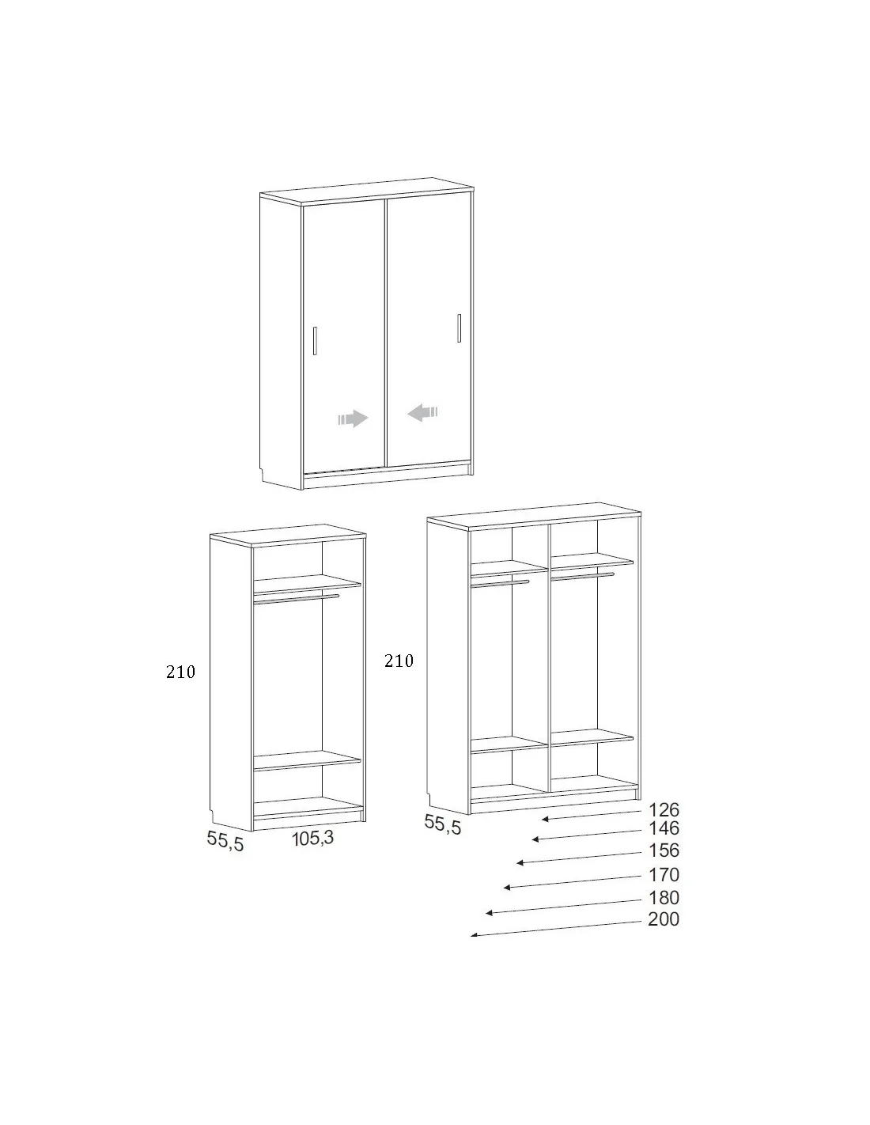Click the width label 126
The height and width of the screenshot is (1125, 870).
pyautogui.click(x=664, y=809)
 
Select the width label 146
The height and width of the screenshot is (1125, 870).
pyautogui.click(x=664, y=828)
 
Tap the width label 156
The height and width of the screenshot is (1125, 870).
pyautogui.click(x=664, y=850)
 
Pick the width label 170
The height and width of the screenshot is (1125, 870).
pyautogui.click(x=664, y=874)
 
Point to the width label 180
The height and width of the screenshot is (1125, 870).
pyautogui.click(x=664, y=897)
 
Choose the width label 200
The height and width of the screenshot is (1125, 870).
pyautogui.click(x=664, y=919)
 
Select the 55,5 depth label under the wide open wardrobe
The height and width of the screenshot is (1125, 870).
pyautogui.click(x=442, y=824)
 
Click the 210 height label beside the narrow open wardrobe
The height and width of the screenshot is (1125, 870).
pyautogui.click(x=180, y=672)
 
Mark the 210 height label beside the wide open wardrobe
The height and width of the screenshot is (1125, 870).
pyautogui.click(x=399, y=661)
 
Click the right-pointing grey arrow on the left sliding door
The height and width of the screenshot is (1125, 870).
pyautogui.click(x=353, y=419)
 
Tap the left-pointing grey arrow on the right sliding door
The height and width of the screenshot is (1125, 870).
pyautogui.click(x=423, y=412)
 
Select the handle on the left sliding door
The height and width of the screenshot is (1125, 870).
pyautogui.click(x=315, y=341)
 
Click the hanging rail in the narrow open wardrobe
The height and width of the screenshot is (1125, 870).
pyautogui.click(x=296, y=599)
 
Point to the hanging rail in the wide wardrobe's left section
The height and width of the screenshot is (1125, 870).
pyautogui.click(x=500, y=584)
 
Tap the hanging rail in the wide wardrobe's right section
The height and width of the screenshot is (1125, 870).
pyautogui.click(x=583, y=576)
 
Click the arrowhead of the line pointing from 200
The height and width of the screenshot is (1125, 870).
pyautogui.click(x=474, y=935)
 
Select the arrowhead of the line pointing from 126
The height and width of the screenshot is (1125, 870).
pyautogui.click(x=545, y=819)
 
